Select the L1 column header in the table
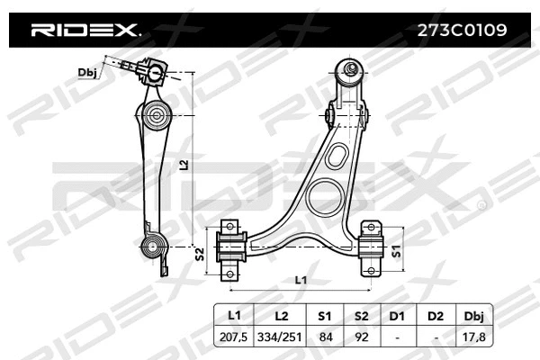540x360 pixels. pyautogui.click(x=233, y=315)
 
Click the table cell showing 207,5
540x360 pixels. pyautogui.click(x=233, y=337)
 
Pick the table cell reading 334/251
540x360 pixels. pyautogui.click(x=280, y=337)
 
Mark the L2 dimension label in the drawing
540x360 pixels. pyautogui.click(x=184, y=164)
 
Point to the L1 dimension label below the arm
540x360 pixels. pyautogui.click(x=303, y=280)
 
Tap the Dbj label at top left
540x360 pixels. pyautogui.click(x=87, y=73)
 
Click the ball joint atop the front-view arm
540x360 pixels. pyautogui.click(x=348, y=69)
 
